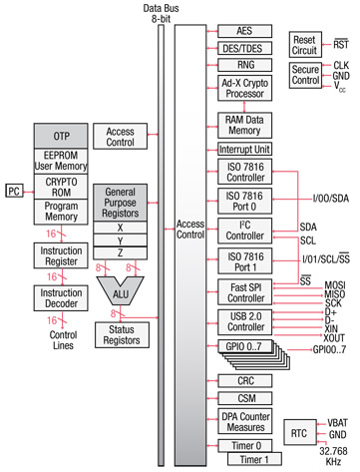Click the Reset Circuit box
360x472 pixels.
tap(304, 45)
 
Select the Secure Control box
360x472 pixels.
tap(304, 76)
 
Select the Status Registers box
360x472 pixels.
tap(122, 334)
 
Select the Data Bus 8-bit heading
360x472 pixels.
tap(160, 12)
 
